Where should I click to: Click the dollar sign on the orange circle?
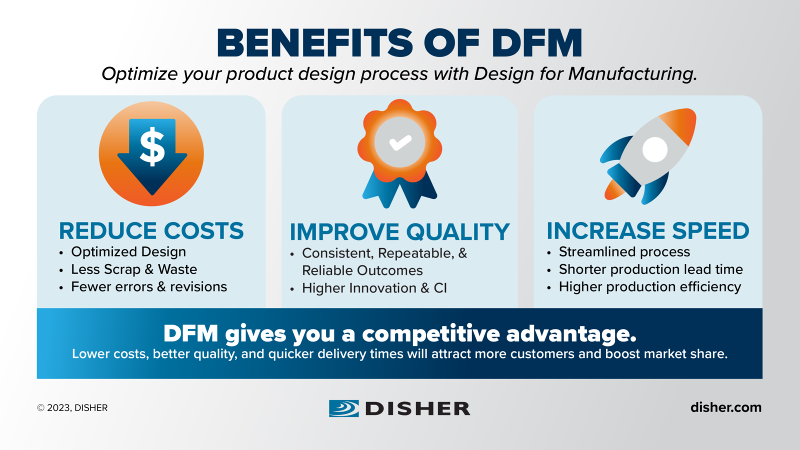tap(152, 146)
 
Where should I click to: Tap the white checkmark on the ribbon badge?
tap(400, 143)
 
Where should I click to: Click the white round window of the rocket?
tap(654, 149)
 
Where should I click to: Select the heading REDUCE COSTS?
tap(151, 231)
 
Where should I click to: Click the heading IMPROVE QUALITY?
tap(399, 232)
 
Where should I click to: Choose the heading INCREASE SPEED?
tap(648, 231)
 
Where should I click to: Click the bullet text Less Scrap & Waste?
tap(134, 269)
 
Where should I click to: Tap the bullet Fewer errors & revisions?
tap(149, 287)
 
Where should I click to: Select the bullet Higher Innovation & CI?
tap(374, 288)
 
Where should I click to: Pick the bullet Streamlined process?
tap(624, 252)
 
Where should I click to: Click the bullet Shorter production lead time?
tap(650, 269)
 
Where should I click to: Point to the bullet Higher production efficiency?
tap(649, 287)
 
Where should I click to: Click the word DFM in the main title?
tap(537, 43)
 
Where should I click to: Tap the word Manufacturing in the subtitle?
tap(632, 74)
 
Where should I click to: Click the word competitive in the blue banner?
tap(430, 334)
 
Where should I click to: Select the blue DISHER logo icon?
tap(343, 408)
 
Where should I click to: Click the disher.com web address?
tap(725, 407)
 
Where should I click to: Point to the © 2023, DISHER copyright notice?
tap(72, 408)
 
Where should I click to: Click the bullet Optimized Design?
tap(128, 252)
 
